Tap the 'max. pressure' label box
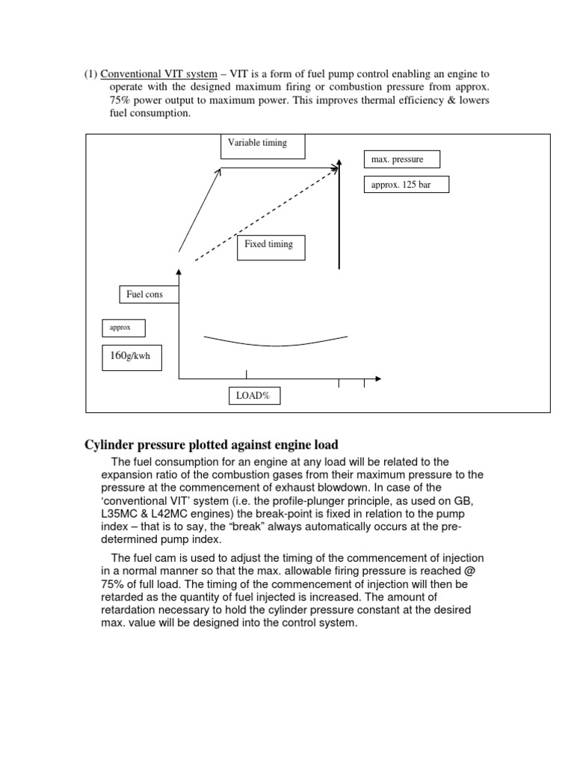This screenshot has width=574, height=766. (402, 159)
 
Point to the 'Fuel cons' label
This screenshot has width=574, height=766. (145, 295)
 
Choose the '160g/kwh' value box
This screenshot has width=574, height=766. (130, 356)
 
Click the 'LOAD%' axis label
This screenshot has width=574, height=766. (254, 396)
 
